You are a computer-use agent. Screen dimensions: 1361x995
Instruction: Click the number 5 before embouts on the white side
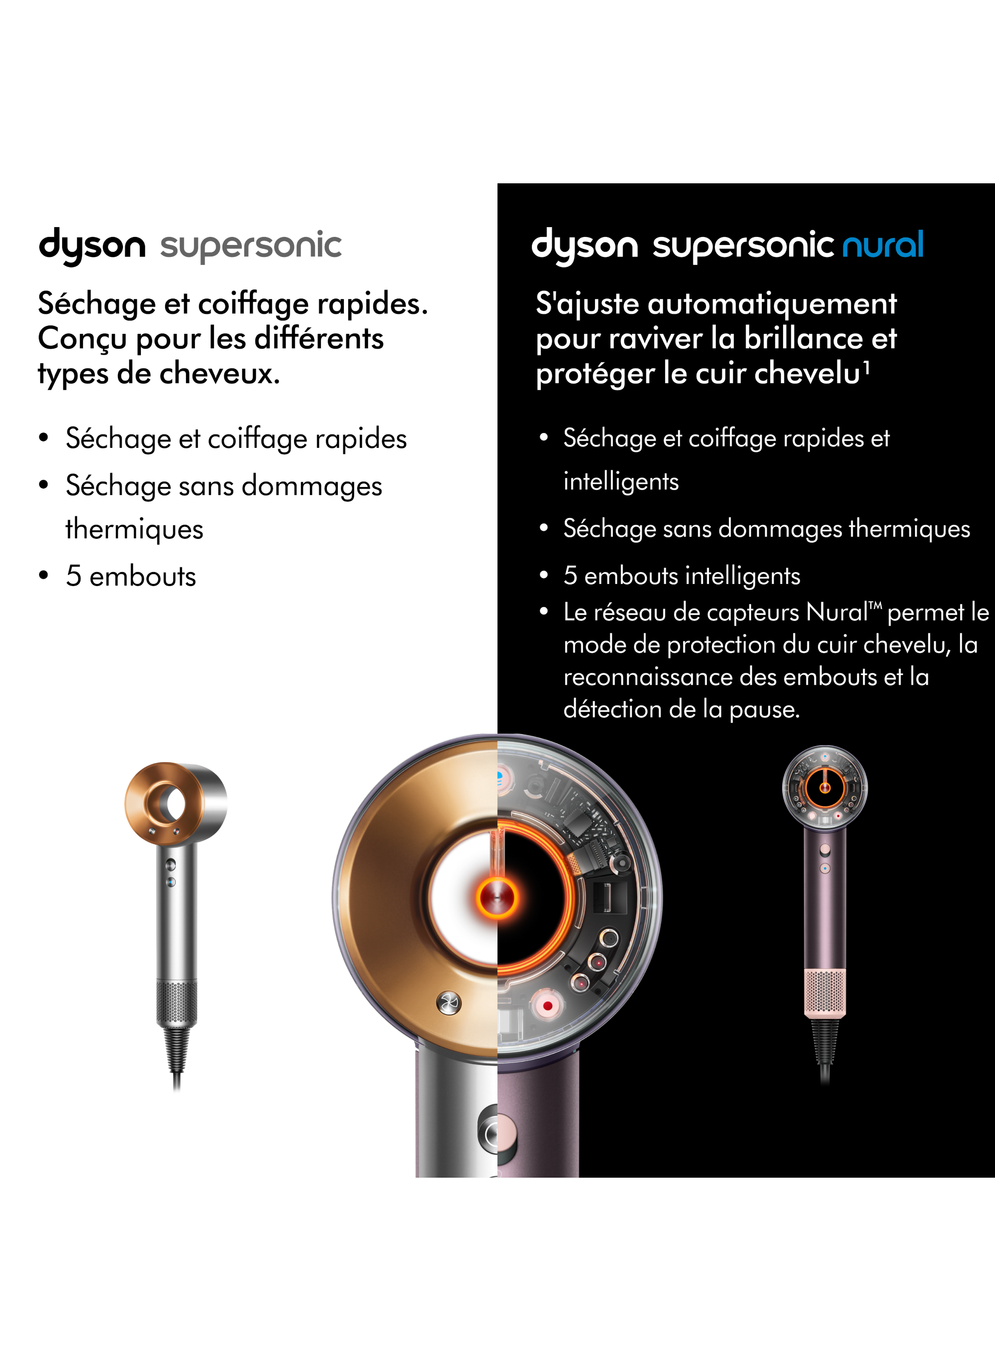[74, 576]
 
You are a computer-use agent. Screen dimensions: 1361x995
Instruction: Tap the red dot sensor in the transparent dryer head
[547, 1006]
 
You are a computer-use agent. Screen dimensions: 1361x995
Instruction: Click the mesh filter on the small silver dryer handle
[177, 1002]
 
